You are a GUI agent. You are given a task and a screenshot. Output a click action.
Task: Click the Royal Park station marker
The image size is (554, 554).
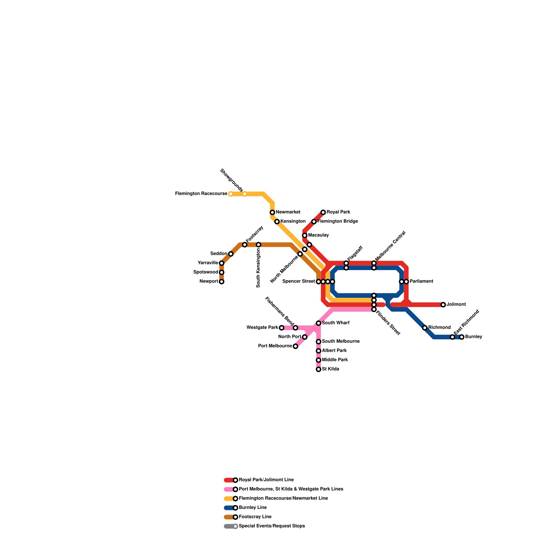click(x=323, y=212)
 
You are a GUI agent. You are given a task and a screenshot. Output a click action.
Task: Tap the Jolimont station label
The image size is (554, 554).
click(x=456, y=305)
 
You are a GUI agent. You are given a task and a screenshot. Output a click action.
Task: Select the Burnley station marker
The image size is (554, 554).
click(x=462, y=337)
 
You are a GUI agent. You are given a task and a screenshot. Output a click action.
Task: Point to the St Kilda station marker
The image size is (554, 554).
click(x=319, y=369)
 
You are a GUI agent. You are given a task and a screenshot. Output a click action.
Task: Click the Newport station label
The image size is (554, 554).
click(x=209, y=282)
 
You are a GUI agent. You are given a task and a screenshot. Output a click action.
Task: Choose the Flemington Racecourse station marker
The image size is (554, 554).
click(x=231, y=194)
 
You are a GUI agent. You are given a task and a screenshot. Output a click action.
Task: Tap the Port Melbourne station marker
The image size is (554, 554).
click(x=295, y=346)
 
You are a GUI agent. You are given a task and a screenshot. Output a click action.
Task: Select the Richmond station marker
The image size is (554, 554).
click(x=425, y=328)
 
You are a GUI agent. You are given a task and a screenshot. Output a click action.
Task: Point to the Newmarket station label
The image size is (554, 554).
click(x=288, y=212)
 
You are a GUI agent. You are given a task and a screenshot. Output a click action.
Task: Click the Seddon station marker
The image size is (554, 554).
click(x=231, y=254)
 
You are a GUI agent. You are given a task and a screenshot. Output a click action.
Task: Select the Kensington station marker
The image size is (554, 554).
click(x=277, y=222)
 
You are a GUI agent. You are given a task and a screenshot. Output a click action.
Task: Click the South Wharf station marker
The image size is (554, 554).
click(x=319, y=323)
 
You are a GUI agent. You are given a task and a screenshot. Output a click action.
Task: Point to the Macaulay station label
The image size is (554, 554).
click(x=318, y=235)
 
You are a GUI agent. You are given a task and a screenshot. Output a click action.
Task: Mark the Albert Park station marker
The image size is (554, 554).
click(x=319, y=351)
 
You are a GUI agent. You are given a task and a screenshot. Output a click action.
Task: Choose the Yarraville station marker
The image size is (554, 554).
click(x=222, y=263)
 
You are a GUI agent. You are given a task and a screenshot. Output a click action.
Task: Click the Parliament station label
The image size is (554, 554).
click(x=421, y=282)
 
